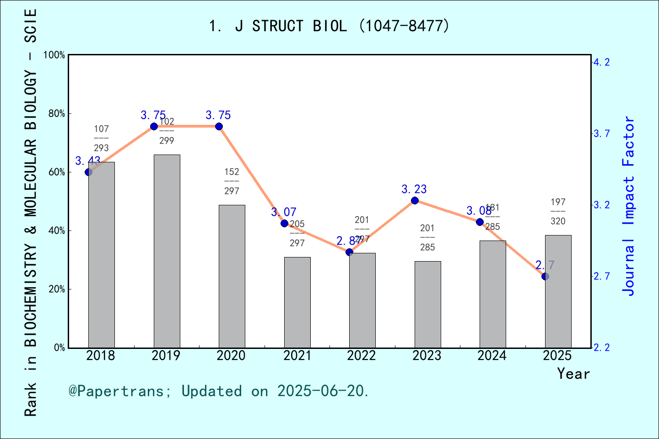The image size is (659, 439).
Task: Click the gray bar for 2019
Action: (x=167, y=251)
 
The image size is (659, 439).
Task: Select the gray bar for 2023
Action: (x=427, y=304)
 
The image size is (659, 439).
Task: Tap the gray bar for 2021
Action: (x=297, y=302)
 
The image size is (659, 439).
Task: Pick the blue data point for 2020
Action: (x=219, y=127)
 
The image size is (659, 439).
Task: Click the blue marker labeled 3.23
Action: (x=415, y=200)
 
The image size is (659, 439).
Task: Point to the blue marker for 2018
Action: (x=89, y=172)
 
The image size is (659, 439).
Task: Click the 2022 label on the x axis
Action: (x=362, y=355)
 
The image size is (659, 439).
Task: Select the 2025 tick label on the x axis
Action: (x=557, y=355)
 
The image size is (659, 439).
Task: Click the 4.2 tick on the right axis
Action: (x=601, y=62)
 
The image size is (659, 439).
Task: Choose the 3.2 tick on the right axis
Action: (x=601, y=205)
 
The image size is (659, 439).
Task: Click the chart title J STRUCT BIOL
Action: (x=329, y=26)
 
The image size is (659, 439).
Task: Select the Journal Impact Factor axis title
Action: (x=629, y=206)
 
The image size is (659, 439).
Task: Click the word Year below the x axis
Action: (x=573, y=374)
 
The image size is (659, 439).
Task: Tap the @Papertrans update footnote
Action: (x=219, y=391)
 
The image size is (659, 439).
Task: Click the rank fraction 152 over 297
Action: (x=232, y=181)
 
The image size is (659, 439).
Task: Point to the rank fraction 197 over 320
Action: (x=558, y=211)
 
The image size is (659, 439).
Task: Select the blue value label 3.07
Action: (x=284, y=212)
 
